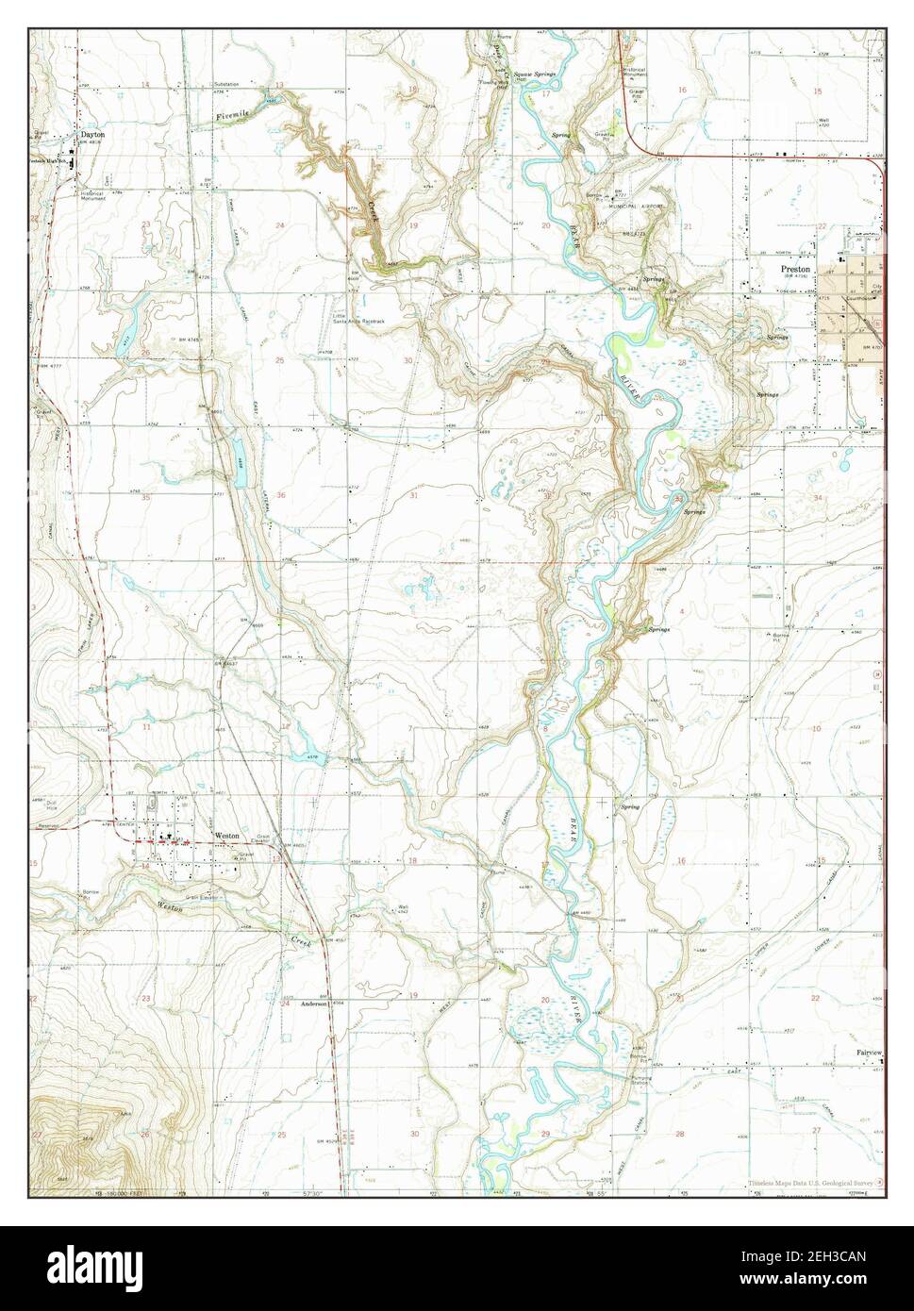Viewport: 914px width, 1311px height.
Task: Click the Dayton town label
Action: pyautogui.click(x=91, y=135)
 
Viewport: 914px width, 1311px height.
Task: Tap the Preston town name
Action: pyautogui.click(x=795, y=268)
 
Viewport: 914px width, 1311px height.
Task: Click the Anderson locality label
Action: pyautogui.click(x=313, y=1004)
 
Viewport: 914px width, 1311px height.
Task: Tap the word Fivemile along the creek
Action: pyautogui.click(x=232, y=114)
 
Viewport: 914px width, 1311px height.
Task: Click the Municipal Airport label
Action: pyautogui.click(x=639, y=205)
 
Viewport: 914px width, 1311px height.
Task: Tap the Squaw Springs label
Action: pyautogui.click(x=535, y=74)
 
